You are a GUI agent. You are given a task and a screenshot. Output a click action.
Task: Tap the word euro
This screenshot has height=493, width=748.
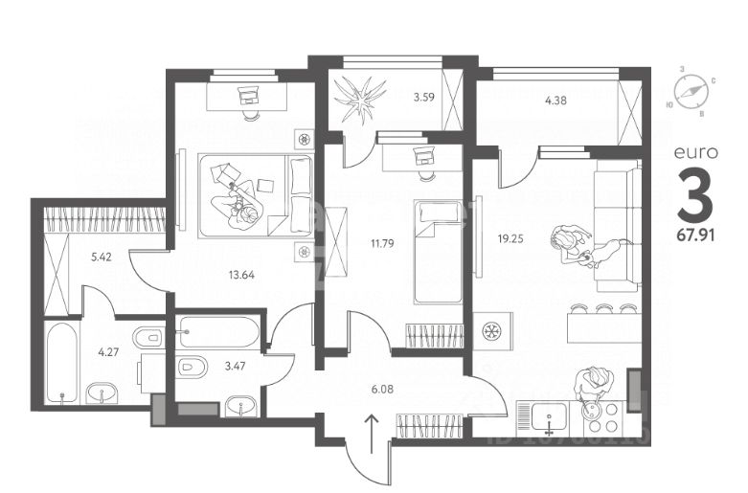click(x=693, y=152)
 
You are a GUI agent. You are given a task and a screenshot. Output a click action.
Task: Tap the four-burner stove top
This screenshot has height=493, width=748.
click(x=601, y=417)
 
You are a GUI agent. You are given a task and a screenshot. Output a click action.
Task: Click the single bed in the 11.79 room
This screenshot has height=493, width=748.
click(x=437, y=250)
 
